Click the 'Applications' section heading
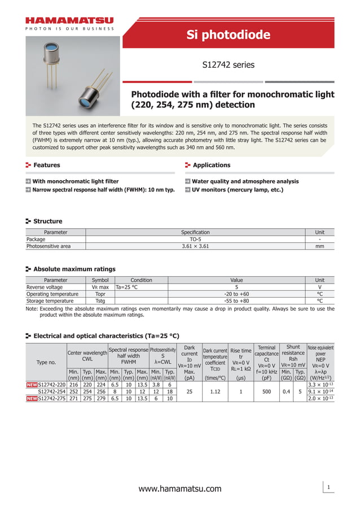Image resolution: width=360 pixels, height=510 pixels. (x=211, y=165)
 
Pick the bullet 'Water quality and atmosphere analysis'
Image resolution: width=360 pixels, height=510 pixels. (x=245, y=181)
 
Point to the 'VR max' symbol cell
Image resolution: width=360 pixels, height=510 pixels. (x=100, y=287)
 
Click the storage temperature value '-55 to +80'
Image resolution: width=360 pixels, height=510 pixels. (x=236, y=301)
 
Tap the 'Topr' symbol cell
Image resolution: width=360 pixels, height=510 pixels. (x=100, y=294)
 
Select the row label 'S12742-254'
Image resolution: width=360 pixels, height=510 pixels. (x=51, y=391)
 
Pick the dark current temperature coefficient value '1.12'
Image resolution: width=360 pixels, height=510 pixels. (x=214, y=391)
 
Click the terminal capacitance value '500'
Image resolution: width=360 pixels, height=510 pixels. (x=266, y=391)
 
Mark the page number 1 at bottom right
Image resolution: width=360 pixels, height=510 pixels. (x=327, y=486)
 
